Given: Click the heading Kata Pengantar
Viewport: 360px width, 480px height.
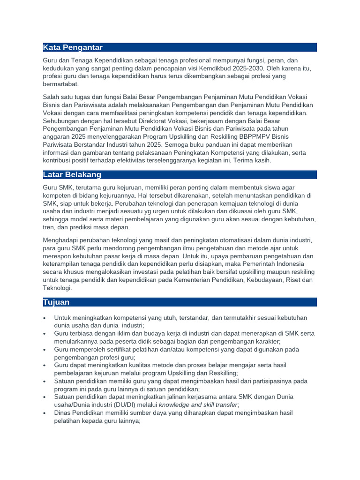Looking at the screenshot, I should pyautogui.click(x=73, y=47).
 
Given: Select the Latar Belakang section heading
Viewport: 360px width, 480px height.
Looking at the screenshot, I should pyautogui.click(x=72, y=175).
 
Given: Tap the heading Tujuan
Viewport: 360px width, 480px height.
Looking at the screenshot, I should pyautogui.click(x=56, y=302).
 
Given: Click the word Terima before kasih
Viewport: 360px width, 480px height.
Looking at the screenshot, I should pyautogui.click(x=237, y=160).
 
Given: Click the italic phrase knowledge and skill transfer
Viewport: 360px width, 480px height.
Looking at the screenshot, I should pyautogui.click(x=199, y=405).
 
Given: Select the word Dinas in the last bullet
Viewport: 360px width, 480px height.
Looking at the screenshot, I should pyautogui.click(x=63, y=413).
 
